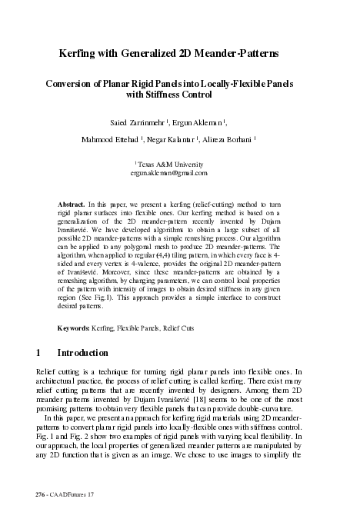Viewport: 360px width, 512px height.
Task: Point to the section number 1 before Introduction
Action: click(x=38, y=354)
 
